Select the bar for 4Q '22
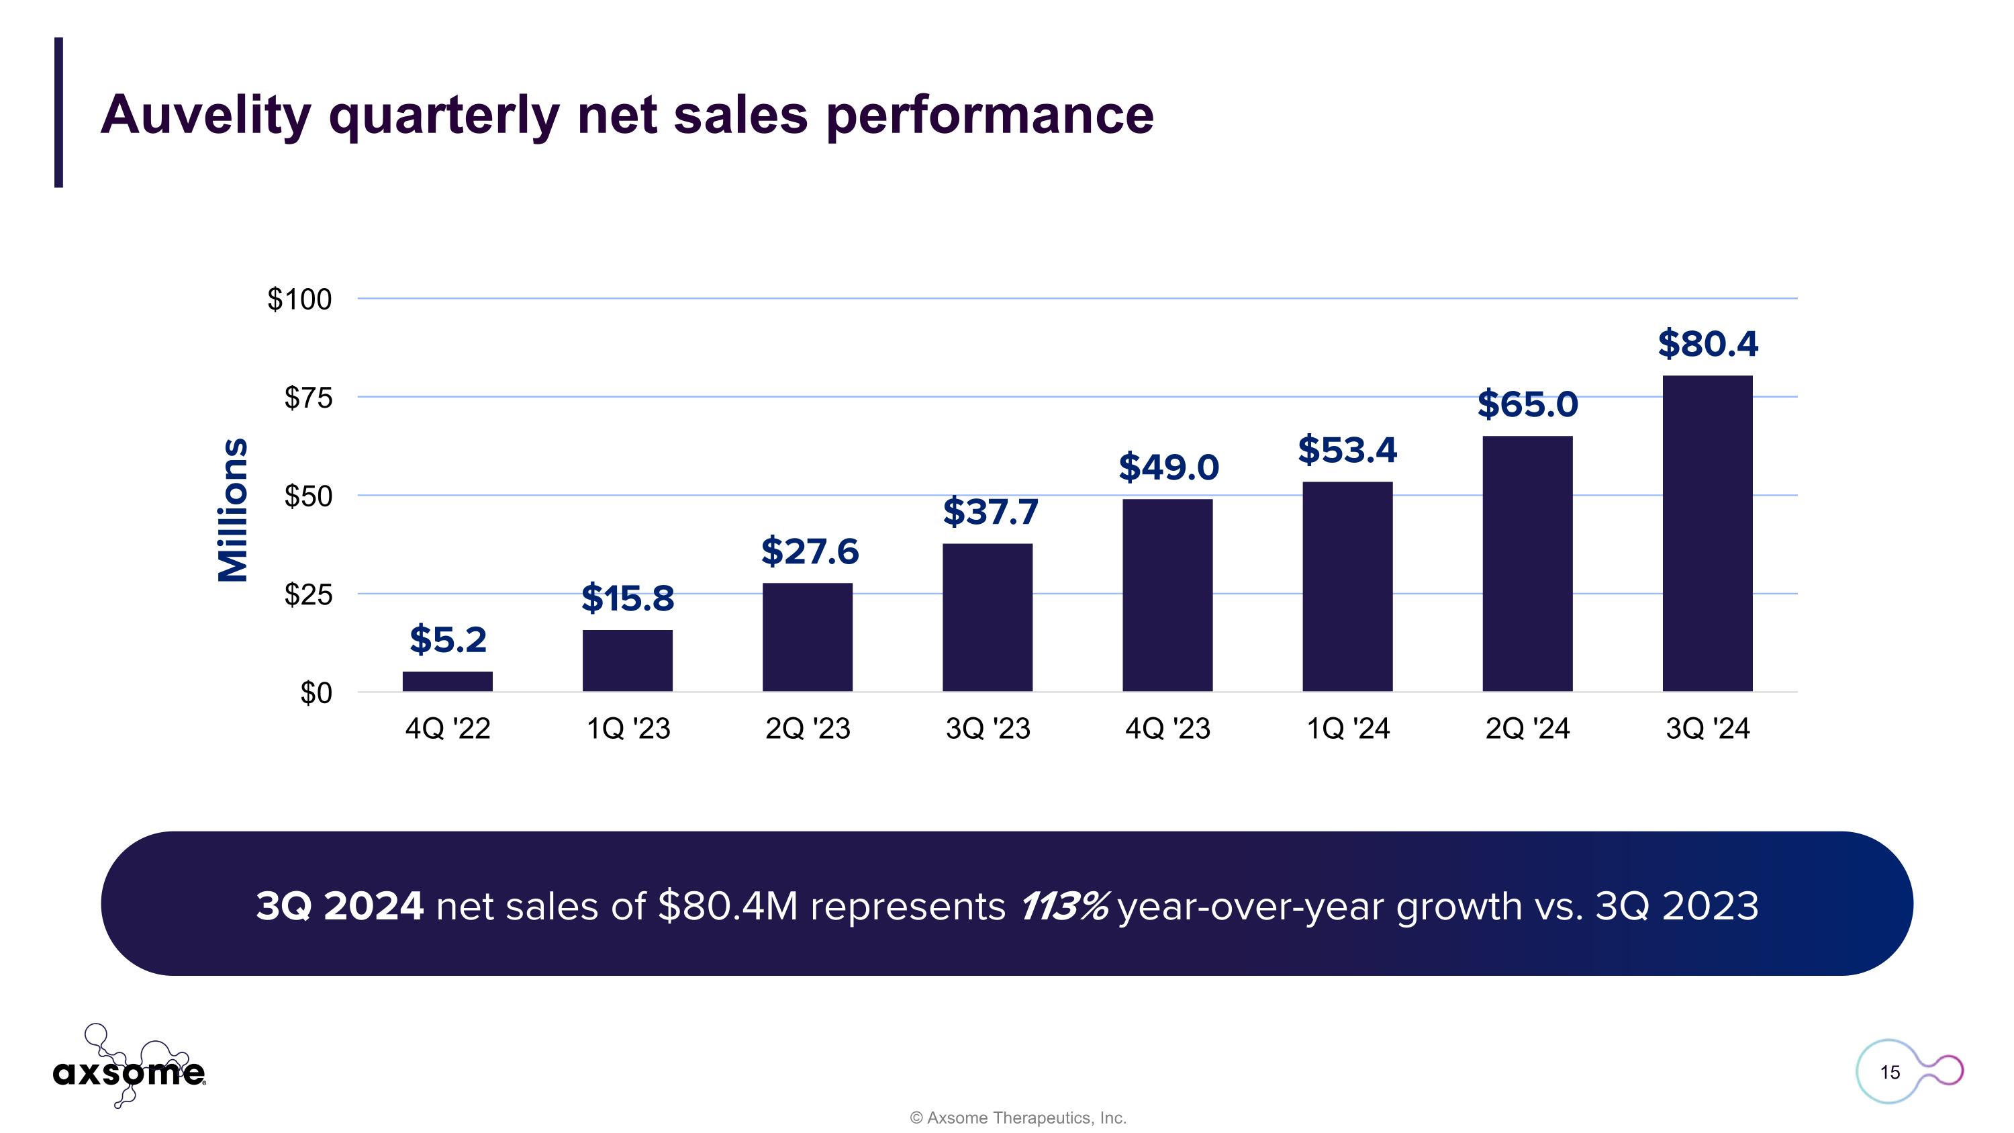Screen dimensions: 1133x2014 pyautogui.click(x=447, y=681)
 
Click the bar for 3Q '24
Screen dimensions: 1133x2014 pyautogui.click(x=1707, y=533)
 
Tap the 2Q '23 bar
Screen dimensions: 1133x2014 pyautogui.click(x=807, y=637)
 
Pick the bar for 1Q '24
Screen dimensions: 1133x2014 pyautogui.click(x=1347, y=586)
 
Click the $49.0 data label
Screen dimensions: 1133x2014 pyautogui.click(x=1168, y=467)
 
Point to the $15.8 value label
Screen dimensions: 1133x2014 pyautogui.click(x=627, y=598)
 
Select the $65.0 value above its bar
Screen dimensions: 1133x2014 pyautogui.click(x=1527, y=404)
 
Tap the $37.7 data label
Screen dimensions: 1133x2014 pyautogui.click(x=990, y=512)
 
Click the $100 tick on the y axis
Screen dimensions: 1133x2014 pyautogui.click(x=299, y=300)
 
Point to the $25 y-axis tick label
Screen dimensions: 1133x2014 pyautogui.click(x=308, y=595)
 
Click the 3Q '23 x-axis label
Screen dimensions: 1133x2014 pyautogui.click(x=988, y=729)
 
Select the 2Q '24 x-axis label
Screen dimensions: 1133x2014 pyautogui.click(x=1527, y=729)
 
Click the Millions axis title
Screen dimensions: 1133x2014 pyautogui.click(x=232, y=510)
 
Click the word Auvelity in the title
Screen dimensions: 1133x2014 pyautogui.click(x=205, y=115)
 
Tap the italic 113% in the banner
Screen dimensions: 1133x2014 pyautogui.click(x=1063, y=906)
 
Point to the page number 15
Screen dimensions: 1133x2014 pyautogui.click(x=1890, y=1072)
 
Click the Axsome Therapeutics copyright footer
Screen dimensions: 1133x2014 pyautogui.click(x=1017, y=1118)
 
